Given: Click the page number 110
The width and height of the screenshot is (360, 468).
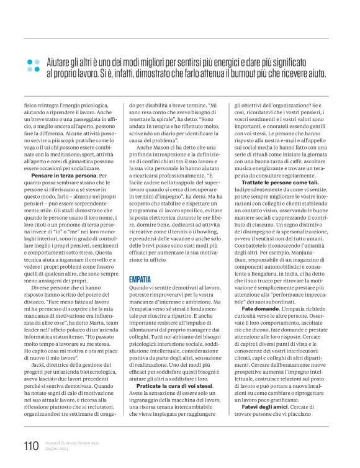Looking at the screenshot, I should click(x=30, y=445).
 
